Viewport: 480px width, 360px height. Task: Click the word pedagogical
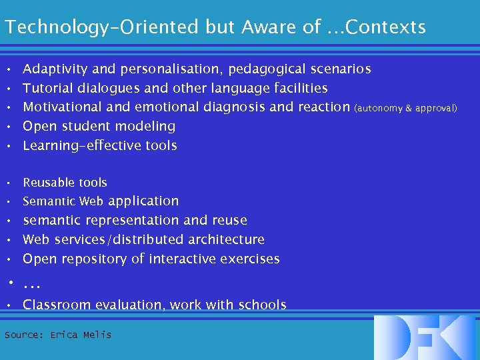266,69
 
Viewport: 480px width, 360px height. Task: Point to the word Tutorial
48,88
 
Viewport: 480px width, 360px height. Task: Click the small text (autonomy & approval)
406,108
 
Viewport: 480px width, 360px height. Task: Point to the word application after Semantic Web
143,201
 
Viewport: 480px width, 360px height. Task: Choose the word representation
136,221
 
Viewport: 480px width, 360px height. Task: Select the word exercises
248,259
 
